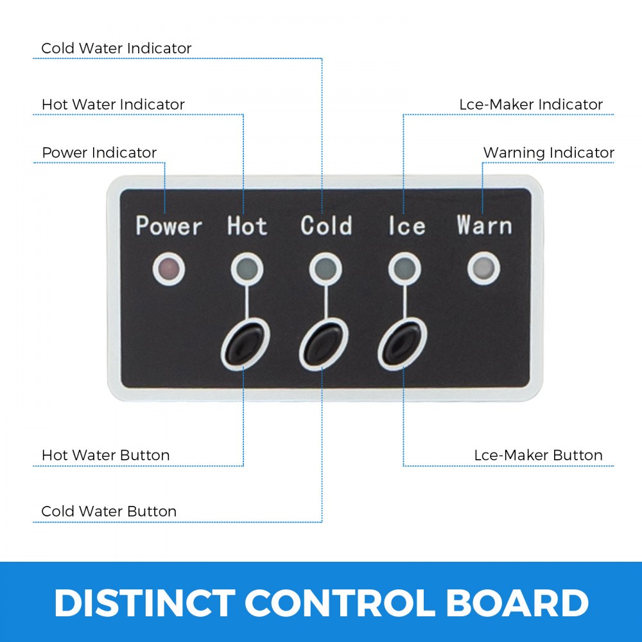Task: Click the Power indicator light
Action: coord(169,269)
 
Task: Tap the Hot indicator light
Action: coord(247,269)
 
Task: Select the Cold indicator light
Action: coord(325,269)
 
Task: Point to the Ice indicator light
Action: coord(404,269)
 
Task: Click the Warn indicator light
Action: coord(483,269)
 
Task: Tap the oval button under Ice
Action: coord(403,344)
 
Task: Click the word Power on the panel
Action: coord(169,225)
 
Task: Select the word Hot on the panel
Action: coord(247,225)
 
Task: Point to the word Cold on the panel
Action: coord(326,225)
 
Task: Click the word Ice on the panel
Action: coord(407,225)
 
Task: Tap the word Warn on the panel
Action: coord(484,225)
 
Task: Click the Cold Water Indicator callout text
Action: coord(116,48)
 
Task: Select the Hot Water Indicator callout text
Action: coord(114,105)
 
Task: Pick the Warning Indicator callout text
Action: coord(549,153)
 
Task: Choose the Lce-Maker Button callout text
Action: coord(539,455)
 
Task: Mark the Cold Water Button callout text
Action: coord(109,512)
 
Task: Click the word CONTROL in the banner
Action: coord(340,603)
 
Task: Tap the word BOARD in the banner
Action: coord(517,603)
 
